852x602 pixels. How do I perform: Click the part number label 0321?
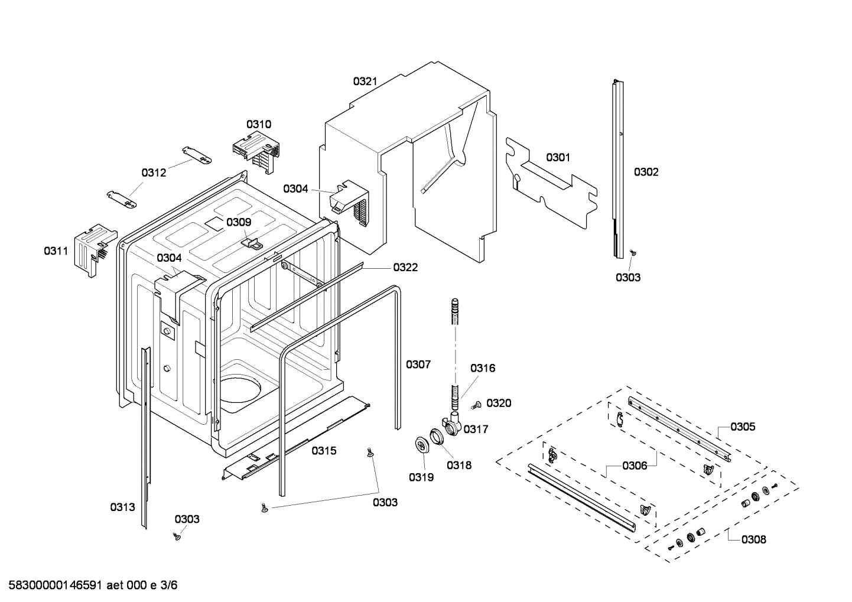(x=365, y=82)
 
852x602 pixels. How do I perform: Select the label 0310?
(x=259, y=124)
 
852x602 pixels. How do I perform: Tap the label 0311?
(x=56, y=251)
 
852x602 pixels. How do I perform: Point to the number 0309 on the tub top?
(x=239, y=222)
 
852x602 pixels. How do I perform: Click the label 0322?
(x=405, y=268)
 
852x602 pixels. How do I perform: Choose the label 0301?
(x=558, y=157)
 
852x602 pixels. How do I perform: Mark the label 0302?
(x=646, y=172)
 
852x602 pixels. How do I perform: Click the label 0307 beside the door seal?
(x=418, y=365)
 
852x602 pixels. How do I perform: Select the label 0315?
(x=324, y=451)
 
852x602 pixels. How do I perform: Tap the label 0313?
(x=122, y=507)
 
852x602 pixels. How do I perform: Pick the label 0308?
(x=753, y=539)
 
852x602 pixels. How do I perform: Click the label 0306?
(x=635, y=466)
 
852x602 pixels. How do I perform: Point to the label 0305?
(x=742, y=427)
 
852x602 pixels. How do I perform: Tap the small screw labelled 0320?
(x=474, y=405)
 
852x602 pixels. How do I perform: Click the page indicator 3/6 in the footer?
(x=169, y=585)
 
